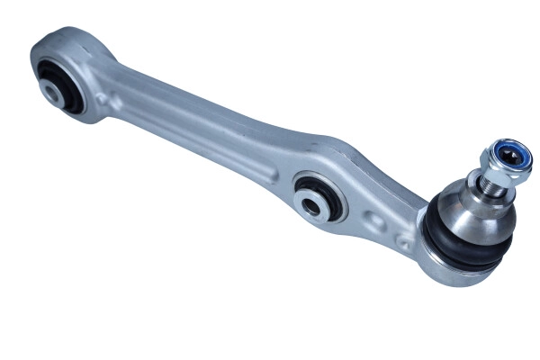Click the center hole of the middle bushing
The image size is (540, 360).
click(310, 205)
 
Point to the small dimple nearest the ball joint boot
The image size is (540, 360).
click(402, 241)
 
